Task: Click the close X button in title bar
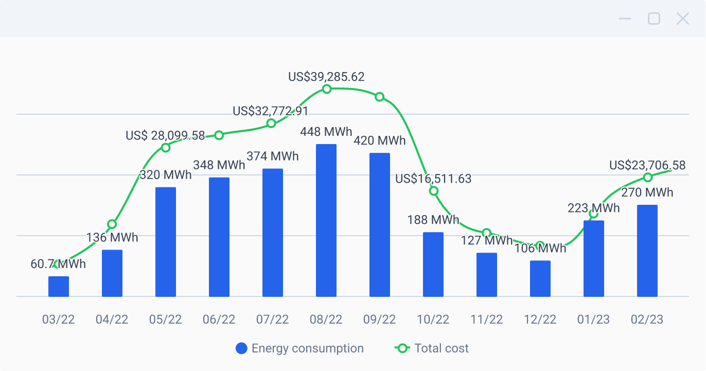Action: point(682,19)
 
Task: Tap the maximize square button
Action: point(654,19)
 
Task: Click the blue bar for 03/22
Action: point(59,286)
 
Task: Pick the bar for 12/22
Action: point(540,278)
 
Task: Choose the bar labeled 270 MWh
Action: point(647,251)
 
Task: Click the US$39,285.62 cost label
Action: point(326,77)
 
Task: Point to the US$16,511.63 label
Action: point(433,179)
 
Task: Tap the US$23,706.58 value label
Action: point(647,165)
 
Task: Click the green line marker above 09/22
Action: point(380,97)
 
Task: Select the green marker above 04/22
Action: point(112,224)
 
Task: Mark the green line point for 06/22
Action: point(219,135)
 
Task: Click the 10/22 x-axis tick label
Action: point(433,320)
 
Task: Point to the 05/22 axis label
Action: point(166,320)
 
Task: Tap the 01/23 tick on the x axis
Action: point(594,320)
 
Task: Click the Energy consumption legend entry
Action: point(299,348)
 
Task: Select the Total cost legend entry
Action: point(432,348)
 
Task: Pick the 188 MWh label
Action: point(433,220)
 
